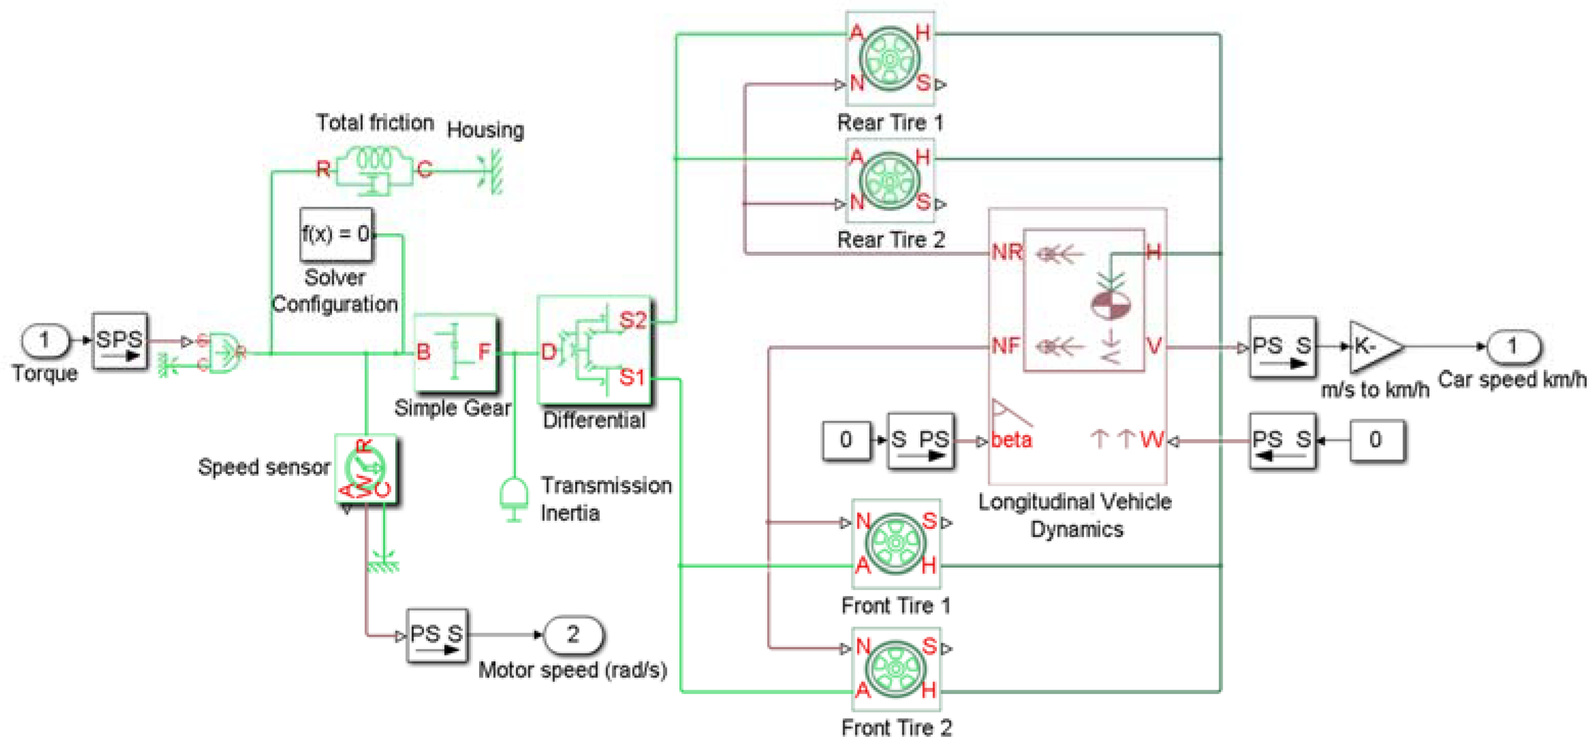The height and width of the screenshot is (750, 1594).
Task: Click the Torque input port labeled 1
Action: tap(44, 341)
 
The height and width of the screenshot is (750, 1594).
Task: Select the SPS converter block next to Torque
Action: tap(120, 341)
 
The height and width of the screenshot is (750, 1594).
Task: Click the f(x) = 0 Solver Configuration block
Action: tap(336, 234)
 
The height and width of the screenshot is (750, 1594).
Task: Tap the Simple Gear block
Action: tap(455, 353)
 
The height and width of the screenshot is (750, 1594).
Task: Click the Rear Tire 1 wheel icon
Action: tap(890, 59)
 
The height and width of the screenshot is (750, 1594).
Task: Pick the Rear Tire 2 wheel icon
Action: tap(890, 181)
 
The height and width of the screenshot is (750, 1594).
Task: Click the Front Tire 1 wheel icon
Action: tap(895, 543)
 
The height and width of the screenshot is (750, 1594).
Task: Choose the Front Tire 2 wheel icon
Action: tap(895, 669)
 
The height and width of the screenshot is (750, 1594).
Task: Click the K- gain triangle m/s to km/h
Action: tap(1374, 347)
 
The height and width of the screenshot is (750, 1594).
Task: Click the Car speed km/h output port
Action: tap(1512, 346)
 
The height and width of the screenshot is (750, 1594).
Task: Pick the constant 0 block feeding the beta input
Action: tap(846, 440)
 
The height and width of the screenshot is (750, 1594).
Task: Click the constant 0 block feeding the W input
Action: tap(1375, 440)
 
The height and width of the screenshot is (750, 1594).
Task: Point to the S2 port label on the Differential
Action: tap(632, 320)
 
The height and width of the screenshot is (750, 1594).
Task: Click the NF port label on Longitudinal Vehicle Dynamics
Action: tap(1005, 345)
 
